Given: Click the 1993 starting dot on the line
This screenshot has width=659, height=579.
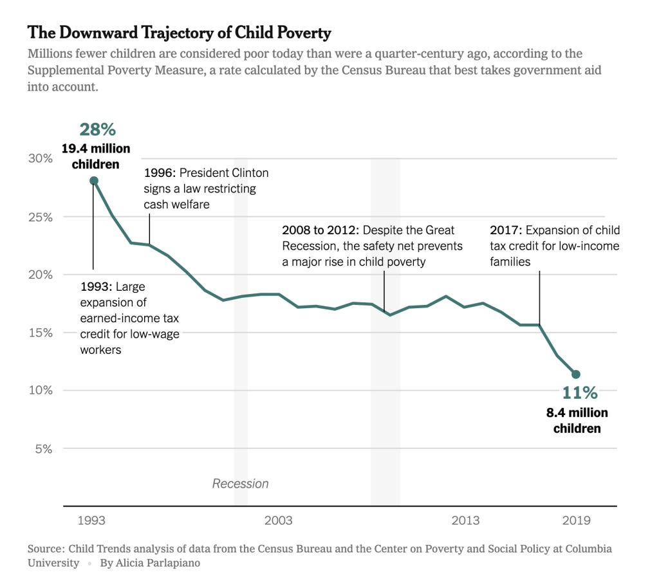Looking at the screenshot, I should pos(94,181).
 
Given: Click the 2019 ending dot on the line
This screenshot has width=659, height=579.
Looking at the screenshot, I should pos(576,374).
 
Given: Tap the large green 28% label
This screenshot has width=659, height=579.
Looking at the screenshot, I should pos(97,129).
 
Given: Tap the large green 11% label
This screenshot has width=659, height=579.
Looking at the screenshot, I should pos(579,392).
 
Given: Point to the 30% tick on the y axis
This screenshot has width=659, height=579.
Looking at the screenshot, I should pos(39,158).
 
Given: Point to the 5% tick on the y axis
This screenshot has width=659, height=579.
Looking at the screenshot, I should pos(42,448).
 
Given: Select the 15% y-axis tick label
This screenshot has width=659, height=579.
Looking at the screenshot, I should pos(39,333).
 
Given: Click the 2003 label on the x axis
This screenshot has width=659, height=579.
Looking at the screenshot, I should pos(278,520).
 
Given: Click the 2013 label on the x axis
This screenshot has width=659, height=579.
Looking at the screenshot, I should pos(465,520).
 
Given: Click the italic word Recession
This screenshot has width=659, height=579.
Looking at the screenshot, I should pos(240,484).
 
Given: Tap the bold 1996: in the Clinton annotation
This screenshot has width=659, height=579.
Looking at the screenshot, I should pos(160,173).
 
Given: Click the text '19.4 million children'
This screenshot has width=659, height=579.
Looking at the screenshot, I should pos(96,156).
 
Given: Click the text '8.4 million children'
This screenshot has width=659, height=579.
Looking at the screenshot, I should pos(577,420).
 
